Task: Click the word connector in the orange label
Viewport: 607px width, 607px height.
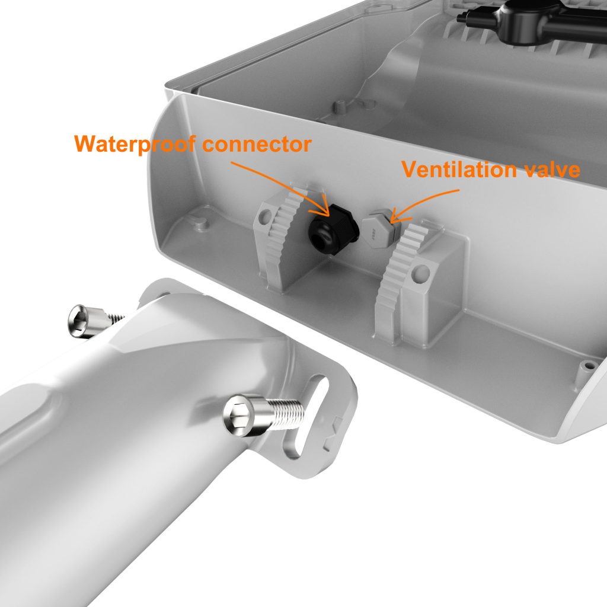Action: click(257, 144)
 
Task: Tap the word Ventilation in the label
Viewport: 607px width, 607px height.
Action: click(459, 169)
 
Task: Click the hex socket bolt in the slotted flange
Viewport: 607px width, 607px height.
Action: click(264, 415)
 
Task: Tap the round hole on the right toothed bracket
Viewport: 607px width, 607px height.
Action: click(421, 273)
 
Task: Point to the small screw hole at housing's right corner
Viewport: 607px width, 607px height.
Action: click(589, 365)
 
